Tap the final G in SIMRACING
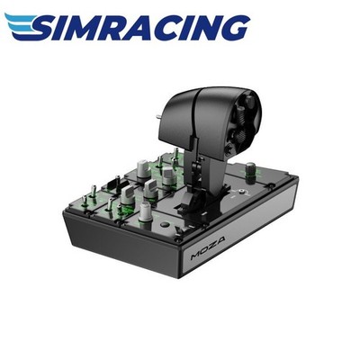[x=233, y=27]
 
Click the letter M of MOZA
[x=195, y=256]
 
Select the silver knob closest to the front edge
[x=146, y=211]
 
